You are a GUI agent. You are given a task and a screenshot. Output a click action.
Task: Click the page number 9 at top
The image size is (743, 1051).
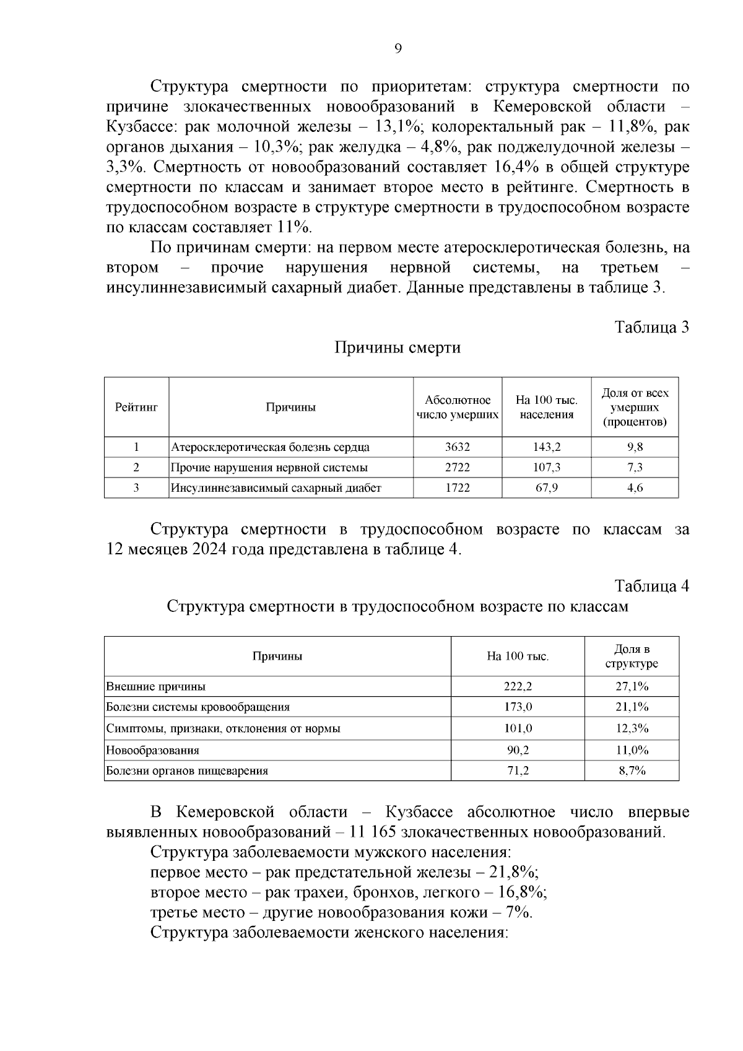click(x=398, y=50)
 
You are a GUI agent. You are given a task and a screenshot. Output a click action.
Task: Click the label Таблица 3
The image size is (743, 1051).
click(x=651, y=327)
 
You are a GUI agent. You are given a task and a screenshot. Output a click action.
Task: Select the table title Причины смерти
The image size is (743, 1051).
click(x=398, y=347)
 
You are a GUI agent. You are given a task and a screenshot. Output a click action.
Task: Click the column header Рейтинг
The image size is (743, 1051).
click(x=136, y=407)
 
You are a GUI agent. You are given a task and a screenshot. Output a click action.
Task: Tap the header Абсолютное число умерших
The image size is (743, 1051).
click(x=458, y=407)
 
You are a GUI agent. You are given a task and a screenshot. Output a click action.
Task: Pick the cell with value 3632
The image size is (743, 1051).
click(x=458, y=447)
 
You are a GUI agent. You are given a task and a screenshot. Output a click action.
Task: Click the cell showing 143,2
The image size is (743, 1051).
click(x=547, y=447)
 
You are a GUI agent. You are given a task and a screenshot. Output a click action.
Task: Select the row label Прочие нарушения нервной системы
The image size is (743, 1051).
click(x=269, y=467)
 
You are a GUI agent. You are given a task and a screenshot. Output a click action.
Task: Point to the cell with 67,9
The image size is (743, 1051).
click(x=547, y=487)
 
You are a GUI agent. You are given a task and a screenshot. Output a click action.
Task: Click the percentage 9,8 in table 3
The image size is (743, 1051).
click(x=635, y=447)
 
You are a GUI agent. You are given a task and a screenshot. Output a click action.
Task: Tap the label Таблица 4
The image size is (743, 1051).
click(x=651, y=585)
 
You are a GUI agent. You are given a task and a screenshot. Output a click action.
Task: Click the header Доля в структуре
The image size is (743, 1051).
click(x=632, y=656)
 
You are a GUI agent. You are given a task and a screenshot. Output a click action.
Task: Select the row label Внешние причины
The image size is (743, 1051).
click(x=156, y=686)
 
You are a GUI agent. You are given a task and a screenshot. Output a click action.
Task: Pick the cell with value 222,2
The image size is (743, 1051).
click(x=518, y=686)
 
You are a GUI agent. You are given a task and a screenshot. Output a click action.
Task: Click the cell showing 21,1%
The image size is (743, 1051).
click(x=632, y=707)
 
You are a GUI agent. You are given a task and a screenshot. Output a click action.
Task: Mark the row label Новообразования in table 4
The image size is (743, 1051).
click(x=153, y=750)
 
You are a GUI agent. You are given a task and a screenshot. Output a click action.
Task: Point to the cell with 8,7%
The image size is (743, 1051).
click(x=632, y=771)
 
